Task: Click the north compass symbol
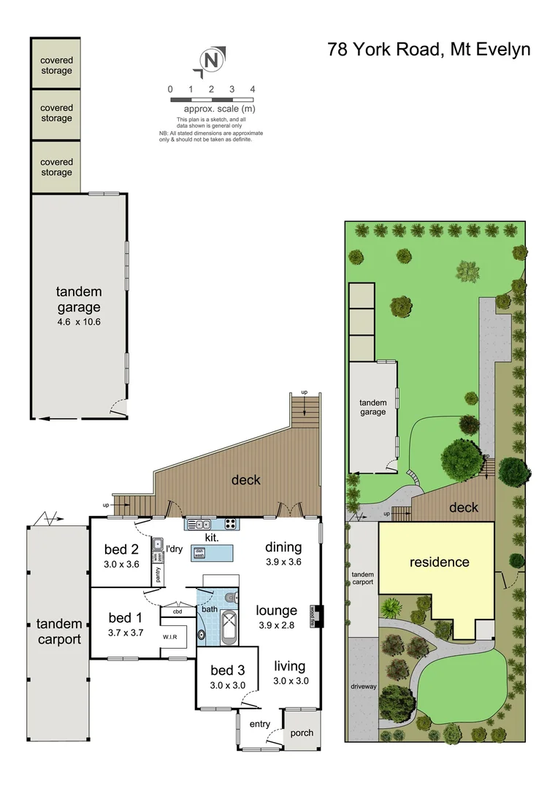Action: pyautogui.click(x=211, y=61)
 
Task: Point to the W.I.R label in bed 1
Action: pyautogui.click(x=170, y=636)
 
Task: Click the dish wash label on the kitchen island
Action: pyautogui.click(x=199, y=553)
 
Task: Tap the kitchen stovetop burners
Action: pyautogui.click(x=230, y=523)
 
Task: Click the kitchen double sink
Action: pyautogui.click(x=198, y=523)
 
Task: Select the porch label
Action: pyautogui.click(x=302, y=733)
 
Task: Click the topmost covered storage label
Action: pyautogui.click(x=56, y=66)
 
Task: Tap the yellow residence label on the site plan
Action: pyautogui.click(x=439, y=562)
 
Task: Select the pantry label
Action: pyautogui.click(x=158, y=575)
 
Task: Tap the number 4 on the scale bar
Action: pyautogui.click(x=252, y=89)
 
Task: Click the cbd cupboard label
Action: pyautogui.click(x=177, y=612)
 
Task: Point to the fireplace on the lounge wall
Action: pyautogui.click(x=317, y=617)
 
